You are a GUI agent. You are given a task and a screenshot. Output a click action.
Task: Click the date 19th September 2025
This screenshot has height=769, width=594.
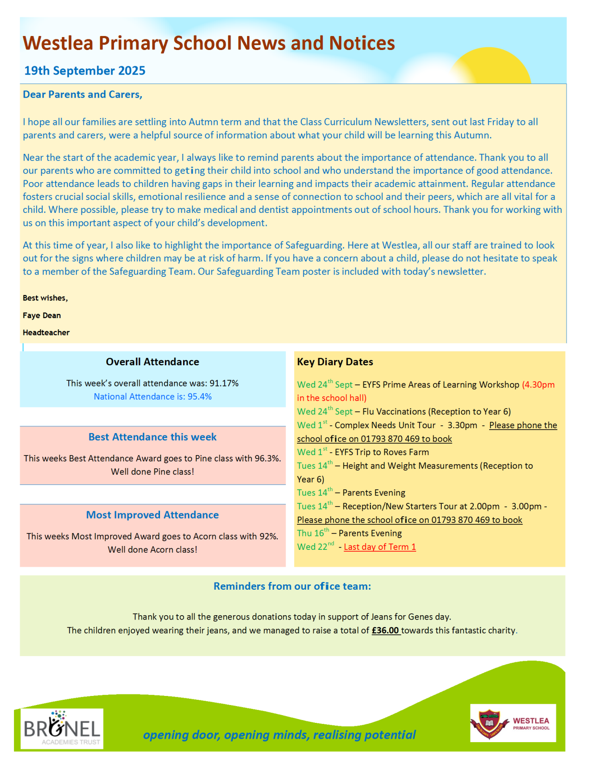pyautogui.click(x=85, y=71)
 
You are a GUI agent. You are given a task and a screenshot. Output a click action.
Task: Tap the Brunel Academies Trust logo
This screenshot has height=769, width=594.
pyautogui.click(x=62, y=728)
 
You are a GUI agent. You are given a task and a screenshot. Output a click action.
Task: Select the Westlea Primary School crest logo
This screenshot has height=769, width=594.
pyautogui.click(x=489, y=723)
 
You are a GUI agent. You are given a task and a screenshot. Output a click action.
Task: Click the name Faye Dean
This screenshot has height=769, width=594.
pyautogui.click(x=42, y=315)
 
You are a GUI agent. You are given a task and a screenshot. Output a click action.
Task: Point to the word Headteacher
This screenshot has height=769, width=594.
pyautogui.click(x=46, y=333)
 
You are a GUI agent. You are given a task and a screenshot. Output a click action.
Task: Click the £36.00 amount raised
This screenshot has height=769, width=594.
pyautogui.click(x=385, y=630)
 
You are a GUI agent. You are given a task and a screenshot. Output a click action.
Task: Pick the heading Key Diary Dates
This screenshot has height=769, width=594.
pyautogui.click(x=335, y=362)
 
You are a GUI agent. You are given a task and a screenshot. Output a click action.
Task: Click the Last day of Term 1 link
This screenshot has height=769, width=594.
pyautogui.click(x=380, y=547)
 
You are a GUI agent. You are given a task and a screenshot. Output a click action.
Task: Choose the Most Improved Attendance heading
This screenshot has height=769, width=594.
pyautogui.click(x=152, y=515)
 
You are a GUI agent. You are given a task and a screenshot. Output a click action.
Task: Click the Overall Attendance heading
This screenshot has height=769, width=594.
pyautogui.click(x=152, y=362)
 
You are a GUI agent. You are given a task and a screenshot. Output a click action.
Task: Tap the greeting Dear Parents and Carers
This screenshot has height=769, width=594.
pyautogui.click(x=83, y=94)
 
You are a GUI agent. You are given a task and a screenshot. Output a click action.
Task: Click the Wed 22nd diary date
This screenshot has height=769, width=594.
pyautogui.click(x=315, y=547)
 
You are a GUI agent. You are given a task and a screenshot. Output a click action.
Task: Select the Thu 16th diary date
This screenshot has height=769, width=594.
pyautogui.click(x=313, y=533)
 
